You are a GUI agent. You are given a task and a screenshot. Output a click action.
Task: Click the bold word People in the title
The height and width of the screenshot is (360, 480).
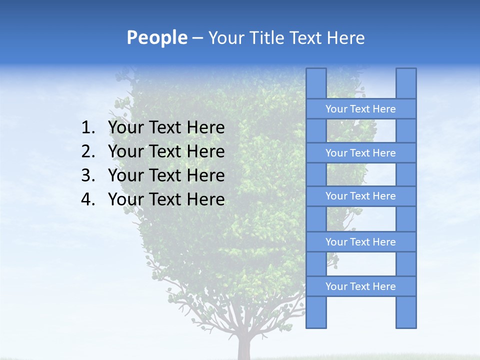[156, 37]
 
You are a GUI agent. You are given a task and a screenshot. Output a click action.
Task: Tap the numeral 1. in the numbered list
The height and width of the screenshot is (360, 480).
[88, 128]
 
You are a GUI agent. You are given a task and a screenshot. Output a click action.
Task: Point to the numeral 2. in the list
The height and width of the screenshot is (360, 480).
[88, 151]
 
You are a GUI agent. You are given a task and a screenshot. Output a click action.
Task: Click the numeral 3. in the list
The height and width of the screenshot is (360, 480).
[88, 175]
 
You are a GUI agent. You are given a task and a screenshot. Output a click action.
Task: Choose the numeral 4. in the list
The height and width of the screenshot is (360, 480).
[88, 199]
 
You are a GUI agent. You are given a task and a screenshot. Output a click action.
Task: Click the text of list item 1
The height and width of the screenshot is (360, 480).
[166, 128]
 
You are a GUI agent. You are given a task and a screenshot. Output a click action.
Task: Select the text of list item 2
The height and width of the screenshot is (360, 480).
[166, 151]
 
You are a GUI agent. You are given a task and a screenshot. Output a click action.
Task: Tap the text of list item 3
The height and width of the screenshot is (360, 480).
[166, 175]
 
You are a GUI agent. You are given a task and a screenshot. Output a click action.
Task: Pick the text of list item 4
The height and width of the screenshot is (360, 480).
[166, 199]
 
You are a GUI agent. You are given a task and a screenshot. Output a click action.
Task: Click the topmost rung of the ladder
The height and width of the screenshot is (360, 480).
[361, 109]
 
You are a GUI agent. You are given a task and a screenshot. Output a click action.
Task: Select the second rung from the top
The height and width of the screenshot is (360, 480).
[361, 153]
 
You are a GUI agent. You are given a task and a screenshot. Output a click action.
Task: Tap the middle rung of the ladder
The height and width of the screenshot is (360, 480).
[361, 196]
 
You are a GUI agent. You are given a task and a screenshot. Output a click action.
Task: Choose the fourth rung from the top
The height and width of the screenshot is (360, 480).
[361, 242]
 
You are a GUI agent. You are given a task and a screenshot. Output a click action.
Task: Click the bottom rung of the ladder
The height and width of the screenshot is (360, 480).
[361, 286]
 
